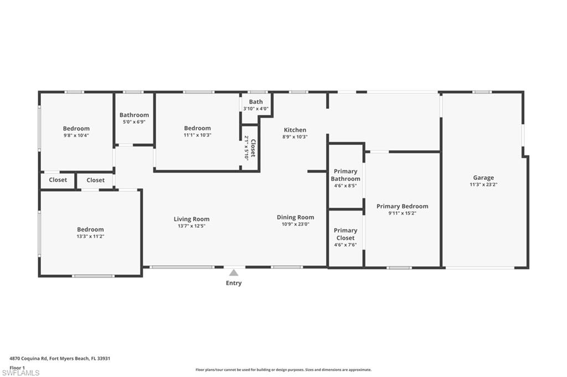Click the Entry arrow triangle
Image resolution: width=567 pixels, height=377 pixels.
click(234, 273)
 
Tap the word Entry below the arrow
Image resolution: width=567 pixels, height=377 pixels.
click(234, 283)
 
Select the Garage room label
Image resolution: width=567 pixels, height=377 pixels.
click(483, 178)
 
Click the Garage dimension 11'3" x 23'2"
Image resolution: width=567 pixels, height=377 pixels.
click(483, 185)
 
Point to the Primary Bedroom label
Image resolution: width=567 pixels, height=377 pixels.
click(402, 206)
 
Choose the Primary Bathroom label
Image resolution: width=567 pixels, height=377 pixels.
click(346, 175)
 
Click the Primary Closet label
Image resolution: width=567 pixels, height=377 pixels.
click(346, 234)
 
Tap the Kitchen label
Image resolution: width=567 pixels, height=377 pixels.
click(295, 130)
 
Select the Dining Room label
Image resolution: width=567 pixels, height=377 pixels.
click(295, 217)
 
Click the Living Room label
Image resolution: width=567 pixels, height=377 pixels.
click(192, 219)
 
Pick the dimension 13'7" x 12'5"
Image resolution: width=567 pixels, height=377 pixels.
click(192, 226)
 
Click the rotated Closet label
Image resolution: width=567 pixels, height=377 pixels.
click(250, 148)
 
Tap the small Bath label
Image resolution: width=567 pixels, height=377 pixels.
click(256, 102)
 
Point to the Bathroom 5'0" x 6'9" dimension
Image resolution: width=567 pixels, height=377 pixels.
click(134, 122)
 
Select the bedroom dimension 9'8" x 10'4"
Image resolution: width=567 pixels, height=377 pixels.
click(76, 135)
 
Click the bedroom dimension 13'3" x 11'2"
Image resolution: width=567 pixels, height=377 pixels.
click(90, 236)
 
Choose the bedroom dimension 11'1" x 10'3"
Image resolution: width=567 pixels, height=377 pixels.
click(197, 135)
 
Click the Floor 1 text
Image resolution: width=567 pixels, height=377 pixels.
click(18, 367)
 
